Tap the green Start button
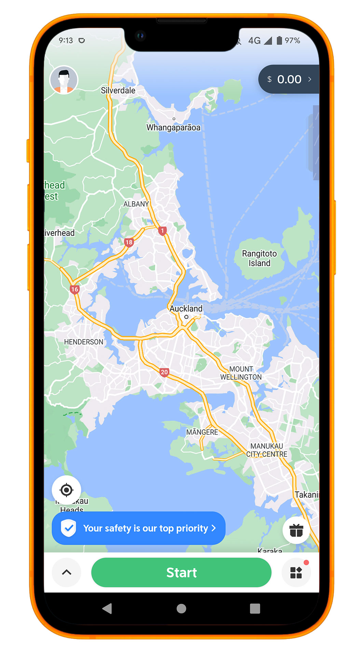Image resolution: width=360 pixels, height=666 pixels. (x=181, y=572)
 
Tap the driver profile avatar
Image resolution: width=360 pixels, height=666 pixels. (x=64, y=80)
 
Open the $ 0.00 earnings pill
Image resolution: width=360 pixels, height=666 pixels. (x=289, y=79)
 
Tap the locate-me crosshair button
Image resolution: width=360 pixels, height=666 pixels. (x=66, y=490)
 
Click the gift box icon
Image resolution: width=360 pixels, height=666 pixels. (x=296, y=530)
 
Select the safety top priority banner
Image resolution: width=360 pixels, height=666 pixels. (x=139, y=528)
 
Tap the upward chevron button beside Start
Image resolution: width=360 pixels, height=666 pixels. (x=67, y=572)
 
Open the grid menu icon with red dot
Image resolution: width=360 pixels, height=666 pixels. (x=296, y=572)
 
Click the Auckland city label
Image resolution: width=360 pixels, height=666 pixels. (x=186, y=309)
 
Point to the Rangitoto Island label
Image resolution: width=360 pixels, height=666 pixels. (x=259, y=258)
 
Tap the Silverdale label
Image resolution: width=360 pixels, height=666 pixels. (x=118, y=91)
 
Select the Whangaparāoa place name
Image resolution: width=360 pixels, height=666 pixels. (x=173, y=127)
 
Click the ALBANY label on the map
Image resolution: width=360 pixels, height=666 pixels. (x=136, y=204)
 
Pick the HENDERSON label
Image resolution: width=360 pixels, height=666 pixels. (x=84, y=342)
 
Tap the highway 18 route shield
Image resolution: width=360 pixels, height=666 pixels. (x=129, y=242)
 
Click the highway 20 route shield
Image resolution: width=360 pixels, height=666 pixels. (x=164, y=372)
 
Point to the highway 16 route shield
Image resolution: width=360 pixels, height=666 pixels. (x=74, y=290)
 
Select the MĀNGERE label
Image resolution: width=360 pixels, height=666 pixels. (x=202, y=432)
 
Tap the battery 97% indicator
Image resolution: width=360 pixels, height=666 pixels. (x=288, y=41)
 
